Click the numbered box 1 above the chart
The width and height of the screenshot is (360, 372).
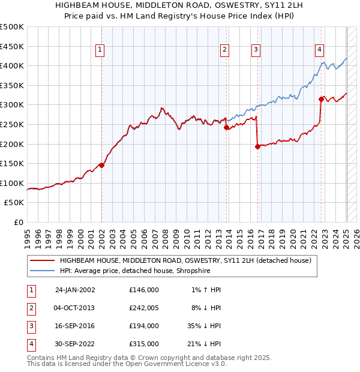(x=100, y=50)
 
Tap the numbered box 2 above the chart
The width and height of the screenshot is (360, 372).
(x=224, y=50)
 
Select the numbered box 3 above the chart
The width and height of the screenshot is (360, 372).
(x=256, y=50)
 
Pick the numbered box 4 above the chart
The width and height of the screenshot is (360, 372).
(x=320, y=50)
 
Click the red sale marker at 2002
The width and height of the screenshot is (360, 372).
(x=101, y=166)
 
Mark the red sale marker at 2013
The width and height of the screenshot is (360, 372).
(x=226, y=128)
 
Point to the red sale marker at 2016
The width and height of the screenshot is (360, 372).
(x=257, y=146)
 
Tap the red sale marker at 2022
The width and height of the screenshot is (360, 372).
(x=322, y=99)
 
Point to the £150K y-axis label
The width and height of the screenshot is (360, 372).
(x=12, y=163)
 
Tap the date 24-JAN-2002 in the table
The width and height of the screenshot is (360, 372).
(x=75, y=290)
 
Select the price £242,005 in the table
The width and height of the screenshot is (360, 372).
(x=143, y=308)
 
